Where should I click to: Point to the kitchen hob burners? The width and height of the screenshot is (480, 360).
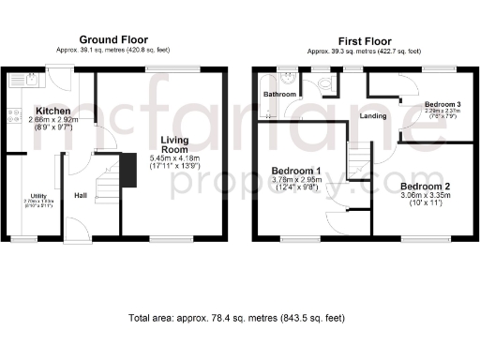(14, 117)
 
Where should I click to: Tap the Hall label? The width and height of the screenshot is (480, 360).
(81, 196)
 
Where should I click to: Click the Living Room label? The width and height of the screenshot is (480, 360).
(175, 144)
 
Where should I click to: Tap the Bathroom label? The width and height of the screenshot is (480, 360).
(279, 95)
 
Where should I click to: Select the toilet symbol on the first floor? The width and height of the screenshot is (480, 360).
(324, 87)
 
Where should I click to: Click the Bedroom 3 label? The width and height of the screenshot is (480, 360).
(442, 103)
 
